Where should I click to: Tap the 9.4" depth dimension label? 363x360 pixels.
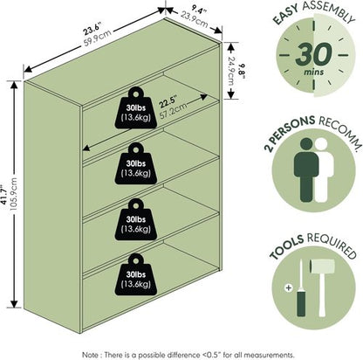pyautogui.click(x=199, y=10)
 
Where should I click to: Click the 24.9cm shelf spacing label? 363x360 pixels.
pyautogui.click(x=231, y=71)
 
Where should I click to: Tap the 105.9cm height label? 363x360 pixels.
pyautogui.click(x=14, y=195)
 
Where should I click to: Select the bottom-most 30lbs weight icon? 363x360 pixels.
pyautogui.click(x=136, y=274)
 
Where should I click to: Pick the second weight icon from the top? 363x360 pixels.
pyautogui.click(x=136, y=163)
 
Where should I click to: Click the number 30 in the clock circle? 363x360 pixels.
pyautogui.click(x=314, y=54)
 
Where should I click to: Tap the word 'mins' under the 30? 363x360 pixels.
pyautogui.click(x=314, y=72)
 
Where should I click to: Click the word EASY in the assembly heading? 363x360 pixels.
pyautogui.click(x=286, y=15)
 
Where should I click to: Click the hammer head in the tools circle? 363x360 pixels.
pyautogui.click(x=322, y=267)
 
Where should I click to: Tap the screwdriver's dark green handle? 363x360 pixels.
pyautogui.click(x=301, y=304)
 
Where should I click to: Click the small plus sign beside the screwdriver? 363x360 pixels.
pyautogui.click(x=289, y=287)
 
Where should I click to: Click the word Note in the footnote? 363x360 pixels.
pyautogui.click(x=91, y=355)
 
